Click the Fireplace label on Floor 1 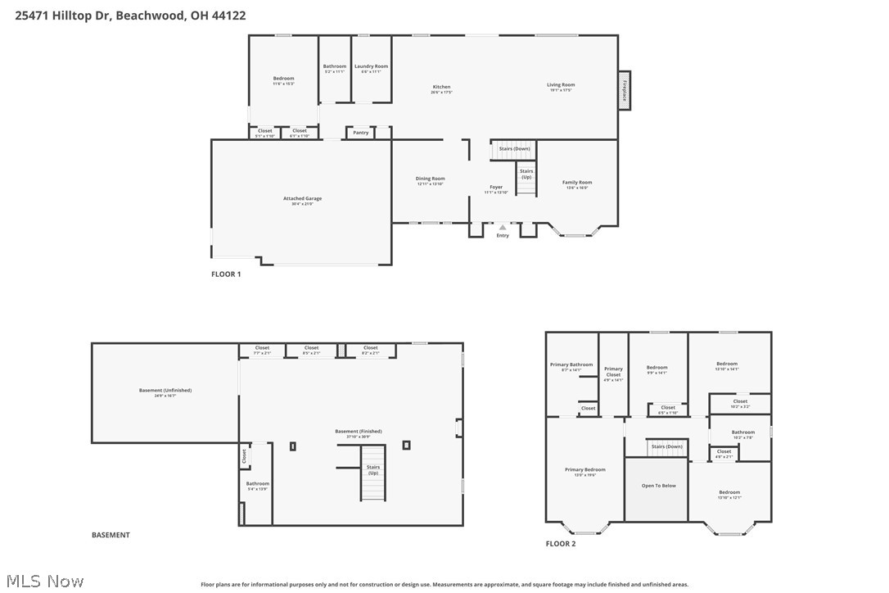625,89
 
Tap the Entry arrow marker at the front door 503,228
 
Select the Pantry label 360,132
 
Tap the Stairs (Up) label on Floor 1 526,174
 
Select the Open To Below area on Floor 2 658,487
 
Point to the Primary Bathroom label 571,366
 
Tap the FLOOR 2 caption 561,544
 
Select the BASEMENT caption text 111,535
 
